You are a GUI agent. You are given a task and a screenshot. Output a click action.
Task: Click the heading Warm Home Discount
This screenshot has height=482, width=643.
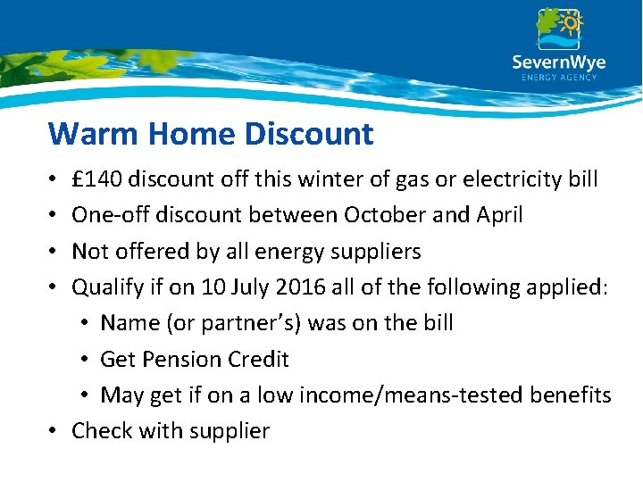pyautogui.click(x=211, y=134)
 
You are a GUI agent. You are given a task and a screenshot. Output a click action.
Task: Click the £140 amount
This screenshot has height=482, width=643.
pyautogui.click(x=97, y=179)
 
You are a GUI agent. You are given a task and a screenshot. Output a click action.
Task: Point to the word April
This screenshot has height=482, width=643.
pyautogui.click(x=498, y=216)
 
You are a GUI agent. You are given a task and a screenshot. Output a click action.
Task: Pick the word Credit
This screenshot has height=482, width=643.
pyautogui.click(x=259, y=359)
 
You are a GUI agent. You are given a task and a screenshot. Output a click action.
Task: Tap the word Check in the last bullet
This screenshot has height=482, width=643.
pyautogui.click(x=102, y=430)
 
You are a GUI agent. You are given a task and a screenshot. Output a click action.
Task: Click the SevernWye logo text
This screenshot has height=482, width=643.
pyautogui.click(x=558, y=62)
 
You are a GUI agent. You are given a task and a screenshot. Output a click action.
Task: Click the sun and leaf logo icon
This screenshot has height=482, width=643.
pyautogui.click(x=559, y=28)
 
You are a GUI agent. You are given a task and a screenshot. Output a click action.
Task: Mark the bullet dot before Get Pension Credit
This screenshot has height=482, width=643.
pyautogui.click(x=88, y=360)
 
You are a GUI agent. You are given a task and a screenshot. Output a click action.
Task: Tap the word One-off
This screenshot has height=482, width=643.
pyautogui.click(x=107, y=216)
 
